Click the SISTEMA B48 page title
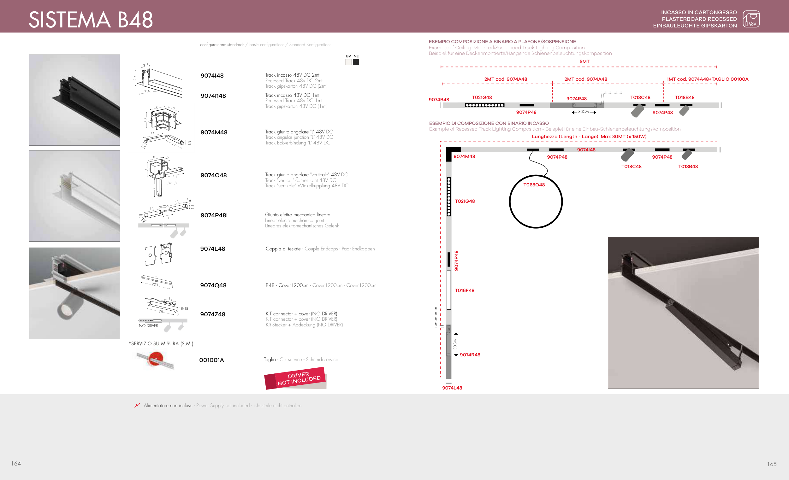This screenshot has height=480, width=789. coord(91,20)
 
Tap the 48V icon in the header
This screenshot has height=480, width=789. coord(751,19)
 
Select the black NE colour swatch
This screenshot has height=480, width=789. coord(356,62)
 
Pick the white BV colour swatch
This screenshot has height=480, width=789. coord(348,62)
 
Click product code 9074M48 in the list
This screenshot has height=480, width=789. coord(214,132)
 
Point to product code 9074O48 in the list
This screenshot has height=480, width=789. coord(214,175)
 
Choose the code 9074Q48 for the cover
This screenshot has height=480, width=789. coord(213,285)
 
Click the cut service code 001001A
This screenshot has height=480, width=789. coord(211,360)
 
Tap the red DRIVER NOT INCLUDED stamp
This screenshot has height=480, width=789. coord(295,378)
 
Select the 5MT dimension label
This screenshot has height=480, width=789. coord(584,61)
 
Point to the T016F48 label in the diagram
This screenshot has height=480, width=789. coord(465,290)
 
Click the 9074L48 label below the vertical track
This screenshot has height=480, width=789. coord(452,388)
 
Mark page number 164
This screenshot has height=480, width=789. coord(16,464)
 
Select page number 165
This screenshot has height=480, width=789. coord(772,464)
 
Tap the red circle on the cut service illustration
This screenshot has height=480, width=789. coord(156,359)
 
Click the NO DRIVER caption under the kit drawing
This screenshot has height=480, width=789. coord(148,326)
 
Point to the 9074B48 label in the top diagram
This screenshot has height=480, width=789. coord(439,100)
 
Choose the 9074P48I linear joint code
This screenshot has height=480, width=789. coord(214,215)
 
